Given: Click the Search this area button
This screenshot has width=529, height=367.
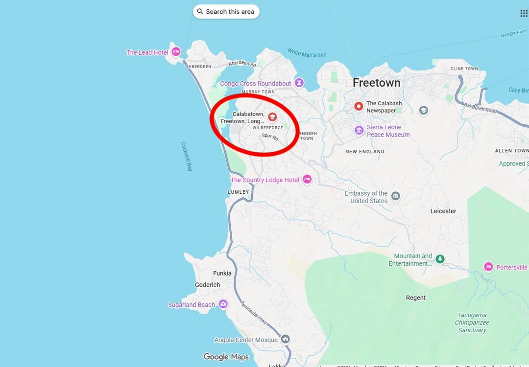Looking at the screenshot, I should coord(226,12).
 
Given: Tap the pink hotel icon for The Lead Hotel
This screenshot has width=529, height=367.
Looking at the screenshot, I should coord(176,52).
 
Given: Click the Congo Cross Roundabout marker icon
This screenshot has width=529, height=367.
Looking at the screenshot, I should coord(299,83).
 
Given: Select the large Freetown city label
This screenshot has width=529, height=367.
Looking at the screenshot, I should coord(376,83).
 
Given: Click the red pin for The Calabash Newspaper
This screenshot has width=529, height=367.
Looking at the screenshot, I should coord(359,106).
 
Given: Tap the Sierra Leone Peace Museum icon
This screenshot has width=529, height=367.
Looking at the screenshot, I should coord(359,130).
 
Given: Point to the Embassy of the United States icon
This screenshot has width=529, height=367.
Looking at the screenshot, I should coord(396,196).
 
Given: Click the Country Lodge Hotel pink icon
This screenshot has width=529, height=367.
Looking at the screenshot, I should coord(307,180).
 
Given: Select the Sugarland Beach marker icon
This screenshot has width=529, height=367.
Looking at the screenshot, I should coord(223,304).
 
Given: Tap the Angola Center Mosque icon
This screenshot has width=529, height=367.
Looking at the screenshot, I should coord(285,339).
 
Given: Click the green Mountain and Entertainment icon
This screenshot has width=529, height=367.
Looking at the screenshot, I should coord(440,259).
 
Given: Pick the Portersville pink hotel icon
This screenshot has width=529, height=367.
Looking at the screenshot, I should coord(488,267).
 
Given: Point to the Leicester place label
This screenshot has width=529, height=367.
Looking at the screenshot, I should coord(443,211).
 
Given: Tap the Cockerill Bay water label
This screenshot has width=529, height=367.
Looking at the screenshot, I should coord(187,156).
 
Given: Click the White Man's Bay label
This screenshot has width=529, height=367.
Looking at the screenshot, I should coord(307,53).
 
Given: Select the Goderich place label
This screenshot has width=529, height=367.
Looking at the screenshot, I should coord(207,285).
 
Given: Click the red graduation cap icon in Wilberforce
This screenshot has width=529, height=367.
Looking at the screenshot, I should coord(272,117).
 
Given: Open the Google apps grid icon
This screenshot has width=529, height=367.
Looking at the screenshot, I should coord(524,13).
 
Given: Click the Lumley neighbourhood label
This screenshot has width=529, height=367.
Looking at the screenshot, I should coord(239,192).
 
